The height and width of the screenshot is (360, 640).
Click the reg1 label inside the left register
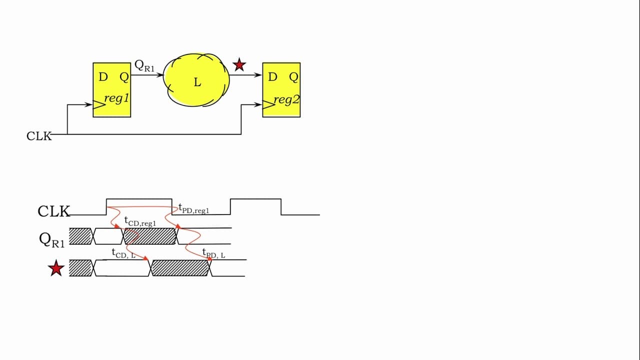(116, 98)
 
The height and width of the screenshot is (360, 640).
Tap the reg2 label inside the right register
(286, 99)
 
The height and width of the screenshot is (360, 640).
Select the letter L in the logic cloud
(197, 82)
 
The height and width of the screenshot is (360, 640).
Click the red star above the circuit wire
(239, 64)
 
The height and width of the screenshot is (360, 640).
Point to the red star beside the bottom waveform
(56, 268)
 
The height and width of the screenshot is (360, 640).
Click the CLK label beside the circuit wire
(39, 136)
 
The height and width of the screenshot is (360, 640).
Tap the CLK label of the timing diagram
(53, 211)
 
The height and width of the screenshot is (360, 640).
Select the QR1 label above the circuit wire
(144, 65)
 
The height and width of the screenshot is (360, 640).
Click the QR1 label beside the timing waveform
(52, 239)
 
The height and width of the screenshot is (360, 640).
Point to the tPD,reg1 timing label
(194, 208)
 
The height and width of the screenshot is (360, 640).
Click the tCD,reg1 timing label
(140, 221)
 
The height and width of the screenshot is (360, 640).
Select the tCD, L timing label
(123, 253)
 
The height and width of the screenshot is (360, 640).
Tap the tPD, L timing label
(213, 253)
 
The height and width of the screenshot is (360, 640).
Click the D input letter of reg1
(103, 77)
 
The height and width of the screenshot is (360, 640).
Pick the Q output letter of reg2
(293, 77)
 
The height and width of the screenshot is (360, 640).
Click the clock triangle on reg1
(99, 105)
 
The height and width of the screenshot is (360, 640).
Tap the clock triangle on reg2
(268, 105)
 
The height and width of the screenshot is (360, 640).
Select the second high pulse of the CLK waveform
(255, 199)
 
